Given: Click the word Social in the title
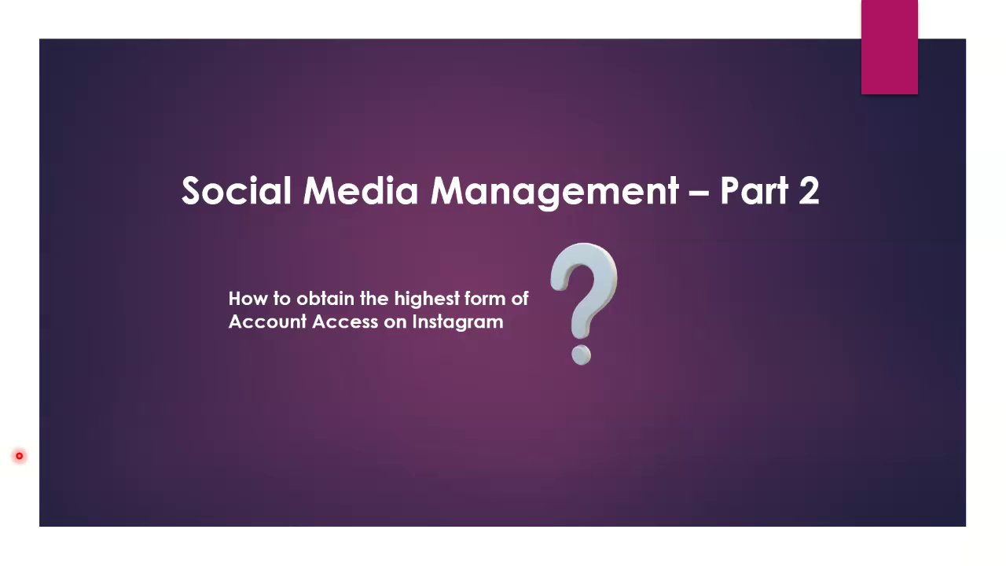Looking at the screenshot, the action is (x=237, y=190).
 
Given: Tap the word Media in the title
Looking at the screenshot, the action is (x=361, y=190).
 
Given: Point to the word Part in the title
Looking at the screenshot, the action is (x=754, y=190).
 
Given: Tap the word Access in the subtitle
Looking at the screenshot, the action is (x=345, y=322).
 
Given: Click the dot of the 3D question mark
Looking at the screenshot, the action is (x=581, y=355).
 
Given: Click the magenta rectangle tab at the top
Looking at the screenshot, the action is (x=889, y=47).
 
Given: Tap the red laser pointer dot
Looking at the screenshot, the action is (x=20, y=456).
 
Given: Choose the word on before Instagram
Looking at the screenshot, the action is (x=395, y=323).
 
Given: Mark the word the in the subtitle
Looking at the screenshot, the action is (x=374, y=299).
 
